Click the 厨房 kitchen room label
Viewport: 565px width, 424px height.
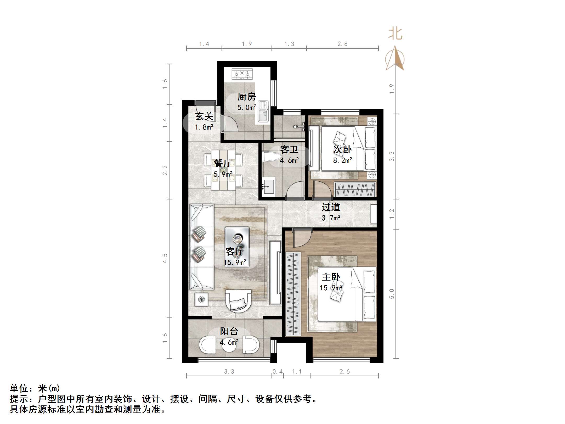[x=246, y=97]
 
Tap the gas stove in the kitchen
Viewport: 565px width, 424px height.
[x=242, y=74]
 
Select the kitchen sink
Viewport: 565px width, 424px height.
[x=263, y=112]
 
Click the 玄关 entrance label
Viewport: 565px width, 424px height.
[x=204, y=116]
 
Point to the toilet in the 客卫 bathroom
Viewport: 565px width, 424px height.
[x=269, y=157]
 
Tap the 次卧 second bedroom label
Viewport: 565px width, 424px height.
[x=342, y=149]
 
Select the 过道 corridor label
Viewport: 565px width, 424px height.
[x=331, y=207]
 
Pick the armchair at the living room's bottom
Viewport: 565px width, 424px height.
[x=238, y=301]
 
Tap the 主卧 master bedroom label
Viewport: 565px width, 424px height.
[x=331, y=277]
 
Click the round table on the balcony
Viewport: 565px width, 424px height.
[x=229, y=345]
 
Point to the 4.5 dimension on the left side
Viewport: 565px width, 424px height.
[x=165, y=258]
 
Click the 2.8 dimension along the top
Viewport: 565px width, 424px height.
[x=342, y=44]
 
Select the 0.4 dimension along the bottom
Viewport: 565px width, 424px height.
[x=278, y=372]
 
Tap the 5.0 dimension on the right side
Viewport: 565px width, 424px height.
[x=392, y=294]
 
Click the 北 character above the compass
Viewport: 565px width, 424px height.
[x=395, y=34]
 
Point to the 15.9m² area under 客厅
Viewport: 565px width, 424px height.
[x=235, y=263]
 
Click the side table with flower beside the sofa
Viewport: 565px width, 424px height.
[x=201, y=299]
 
